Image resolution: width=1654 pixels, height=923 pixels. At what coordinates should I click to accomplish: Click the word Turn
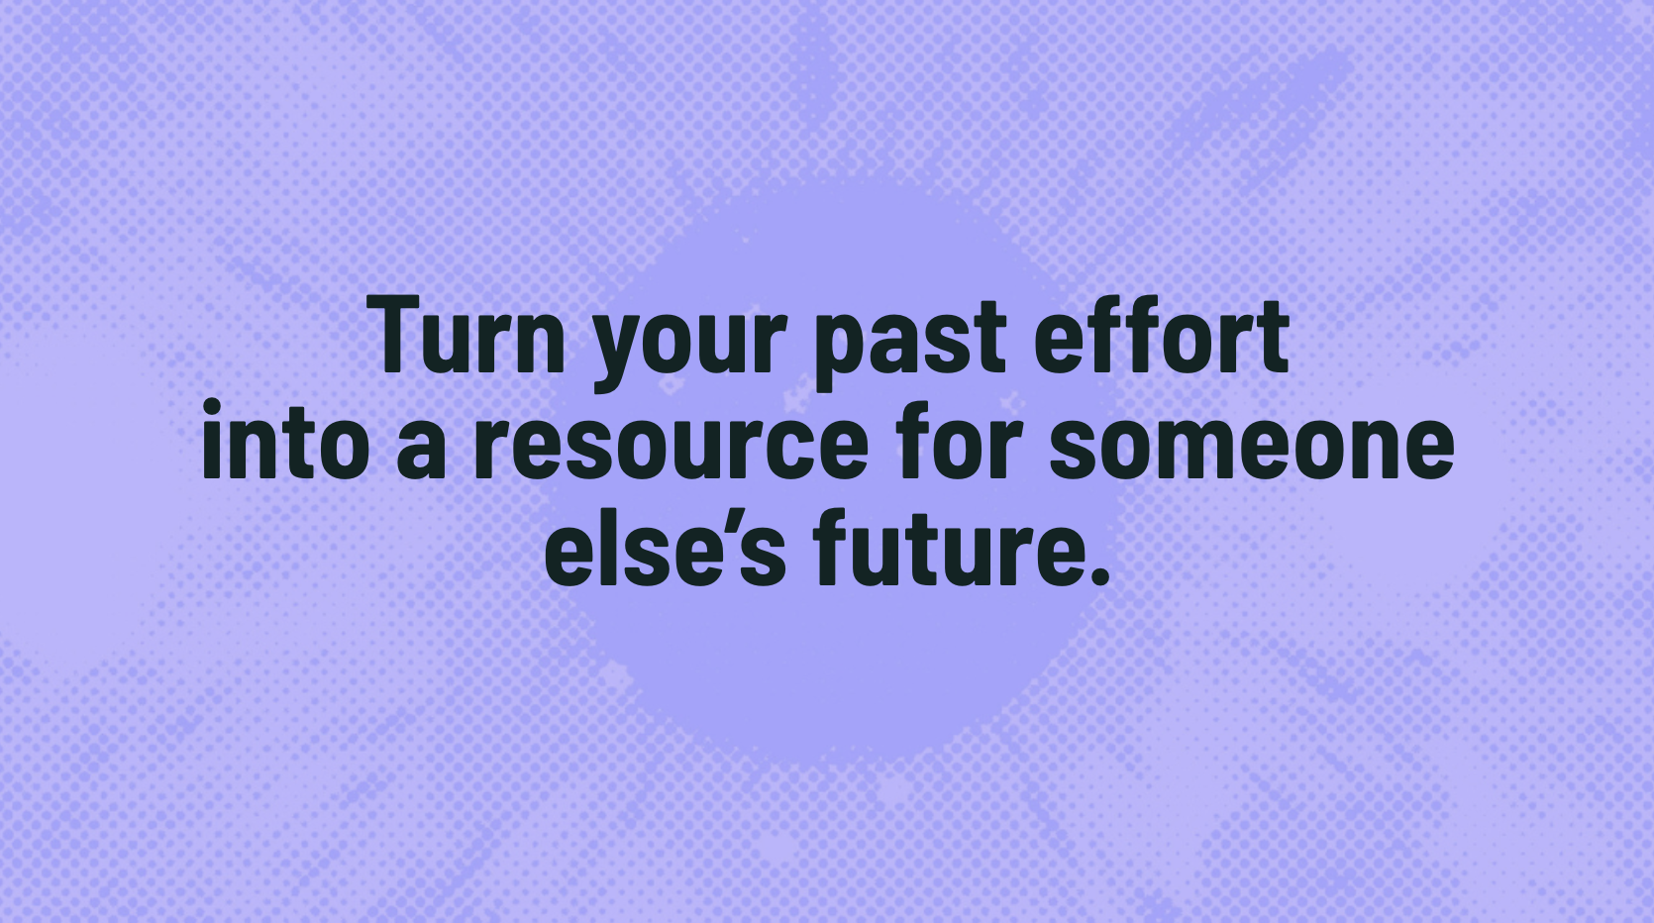469,335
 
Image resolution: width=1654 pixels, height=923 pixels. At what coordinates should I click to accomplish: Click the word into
286,439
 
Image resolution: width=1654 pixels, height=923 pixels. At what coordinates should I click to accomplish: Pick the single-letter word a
420,450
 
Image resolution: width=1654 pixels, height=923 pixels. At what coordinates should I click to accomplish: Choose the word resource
671,450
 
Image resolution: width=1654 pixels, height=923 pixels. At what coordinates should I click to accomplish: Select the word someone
1252,450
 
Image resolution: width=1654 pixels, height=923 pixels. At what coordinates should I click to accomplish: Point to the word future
937,548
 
